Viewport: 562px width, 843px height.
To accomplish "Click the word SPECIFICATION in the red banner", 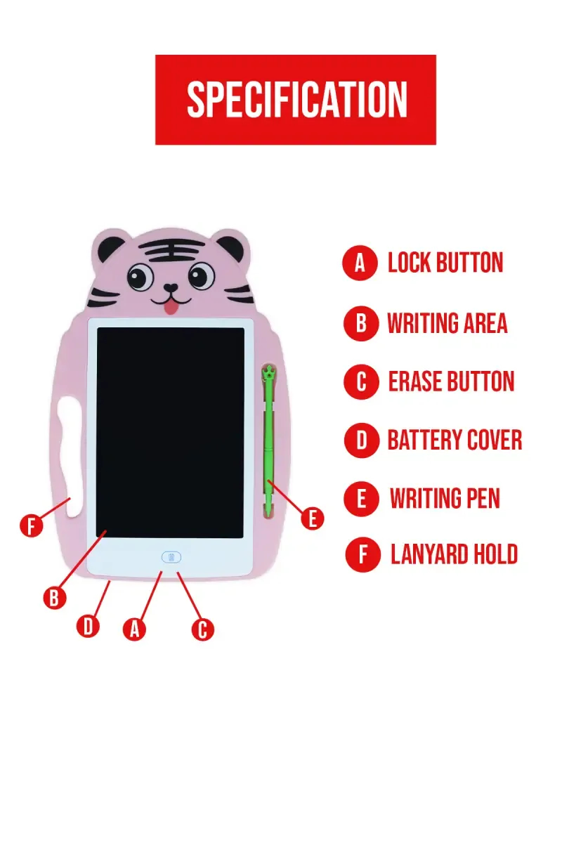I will (296, 100).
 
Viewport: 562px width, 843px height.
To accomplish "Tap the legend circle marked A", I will (360, 263).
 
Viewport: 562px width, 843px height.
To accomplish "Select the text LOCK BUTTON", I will (445, 263).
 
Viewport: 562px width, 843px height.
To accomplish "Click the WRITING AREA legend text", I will (447, 324).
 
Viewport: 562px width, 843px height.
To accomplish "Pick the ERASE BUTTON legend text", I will (451, 382).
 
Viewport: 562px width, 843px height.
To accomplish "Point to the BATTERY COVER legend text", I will (455, 441).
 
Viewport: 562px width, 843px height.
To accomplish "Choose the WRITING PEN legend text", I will (445, 499).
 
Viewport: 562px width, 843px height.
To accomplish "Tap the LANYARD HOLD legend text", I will (454, 555).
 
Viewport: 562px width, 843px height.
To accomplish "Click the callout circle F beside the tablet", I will (31, 526).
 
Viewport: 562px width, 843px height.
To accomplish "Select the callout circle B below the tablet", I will (54, 598).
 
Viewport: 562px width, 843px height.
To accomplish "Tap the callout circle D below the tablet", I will (88, 626).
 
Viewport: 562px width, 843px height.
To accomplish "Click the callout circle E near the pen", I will (312, 518).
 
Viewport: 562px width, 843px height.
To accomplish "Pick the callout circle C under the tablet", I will (202, 629).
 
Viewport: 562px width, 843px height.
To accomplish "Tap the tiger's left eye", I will (141, 277).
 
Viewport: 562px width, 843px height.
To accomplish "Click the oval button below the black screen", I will (171, 557).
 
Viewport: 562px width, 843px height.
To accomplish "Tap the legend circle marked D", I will (361, 441).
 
